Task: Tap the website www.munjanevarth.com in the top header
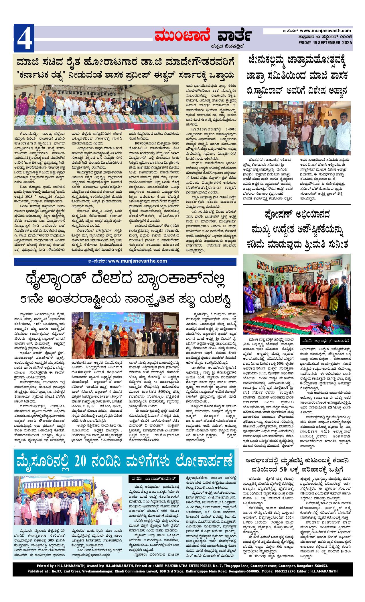(x=325, y=31)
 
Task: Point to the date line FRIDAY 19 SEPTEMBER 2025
(x=325, y=42)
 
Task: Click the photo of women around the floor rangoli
(x=297, y=294)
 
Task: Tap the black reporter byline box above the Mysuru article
(x=154, y=478)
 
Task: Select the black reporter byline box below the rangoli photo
(x=325, y=341)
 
